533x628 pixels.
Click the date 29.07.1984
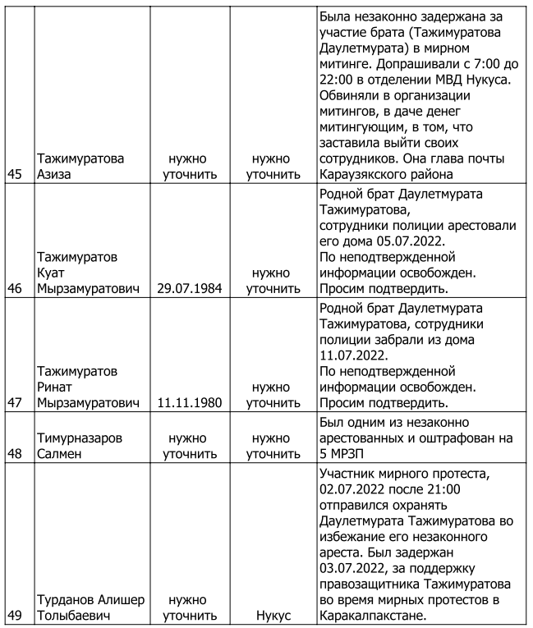point(191,289)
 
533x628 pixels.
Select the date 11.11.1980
point(191,403)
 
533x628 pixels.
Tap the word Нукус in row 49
point(273,615)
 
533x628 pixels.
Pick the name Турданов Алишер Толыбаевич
point(88,607)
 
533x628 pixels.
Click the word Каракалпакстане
point(374,615)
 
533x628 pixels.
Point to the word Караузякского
point(370,174)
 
